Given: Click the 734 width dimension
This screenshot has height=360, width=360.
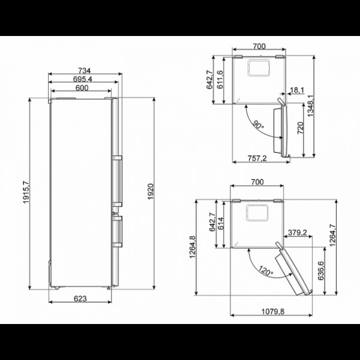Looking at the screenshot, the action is pyautogui.click(x=84, y=70).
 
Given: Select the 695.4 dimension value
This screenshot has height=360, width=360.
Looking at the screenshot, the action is pyautogui.click(x=82, y=79).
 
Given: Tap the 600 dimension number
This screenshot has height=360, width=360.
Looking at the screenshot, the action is pyautogui.click(x=82, y=88).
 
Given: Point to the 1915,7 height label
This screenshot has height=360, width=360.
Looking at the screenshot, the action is pyautogui.click(x=26, y=192).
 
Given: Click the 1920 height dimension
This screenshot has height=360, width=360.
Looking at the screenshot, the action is pyautogui.click(x=151, y=192).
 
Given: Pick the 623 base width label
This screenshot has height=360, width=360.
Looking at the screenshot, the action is pyautogui.click(x=80, y=299).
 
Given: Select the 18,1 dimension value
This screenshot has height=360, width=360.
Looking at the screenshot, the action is pyautogui.click(x=297, y=90).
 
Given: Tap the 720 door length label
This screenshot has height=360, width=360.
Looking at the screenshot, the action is pyautogui.click(x=301, y=128).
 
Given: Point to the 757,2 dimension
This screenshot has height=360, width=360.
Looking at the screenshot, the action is pyautogui.click(x=257, y=158).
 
